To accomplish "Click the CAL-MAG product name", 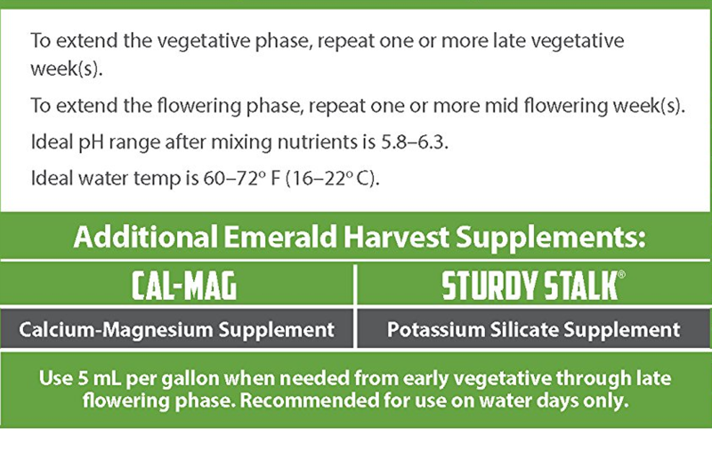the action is pos(184,286).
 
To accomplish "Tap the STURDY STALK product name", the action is pos(530,286).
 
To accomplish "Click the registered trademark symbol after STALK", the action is pos(621,274).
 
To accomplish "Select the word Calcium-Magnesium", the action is pos(116,329).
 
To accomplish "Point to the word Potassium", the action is pos(435,329).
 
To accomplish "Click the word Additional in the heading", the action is pos(145,237).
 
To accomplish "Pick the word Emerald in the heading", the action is pos(280,237).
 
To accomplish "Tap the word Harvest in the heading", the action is pos(396,237).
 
